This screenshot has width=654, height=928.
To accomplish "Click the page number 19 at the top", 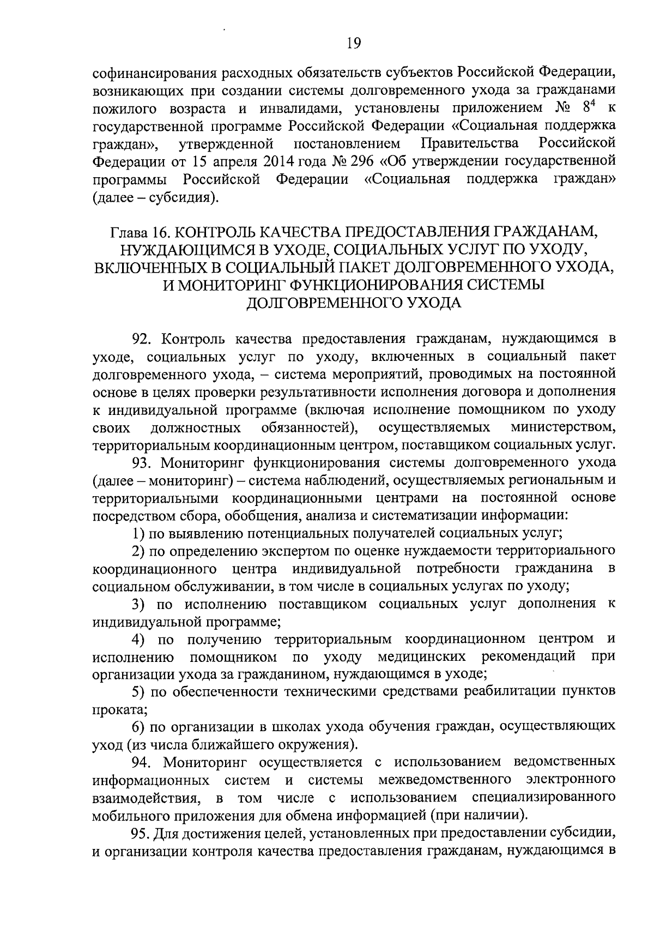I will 354,43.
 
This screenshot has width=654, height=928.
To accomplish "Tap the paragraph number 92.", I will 143,339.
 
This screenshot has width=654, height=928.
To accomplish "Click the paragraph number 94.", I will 143,761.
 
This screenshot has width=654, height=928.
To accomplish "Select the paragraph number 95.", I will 143,833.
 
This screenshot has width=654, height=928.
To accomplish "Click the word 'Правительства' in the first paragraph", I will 470,144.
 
